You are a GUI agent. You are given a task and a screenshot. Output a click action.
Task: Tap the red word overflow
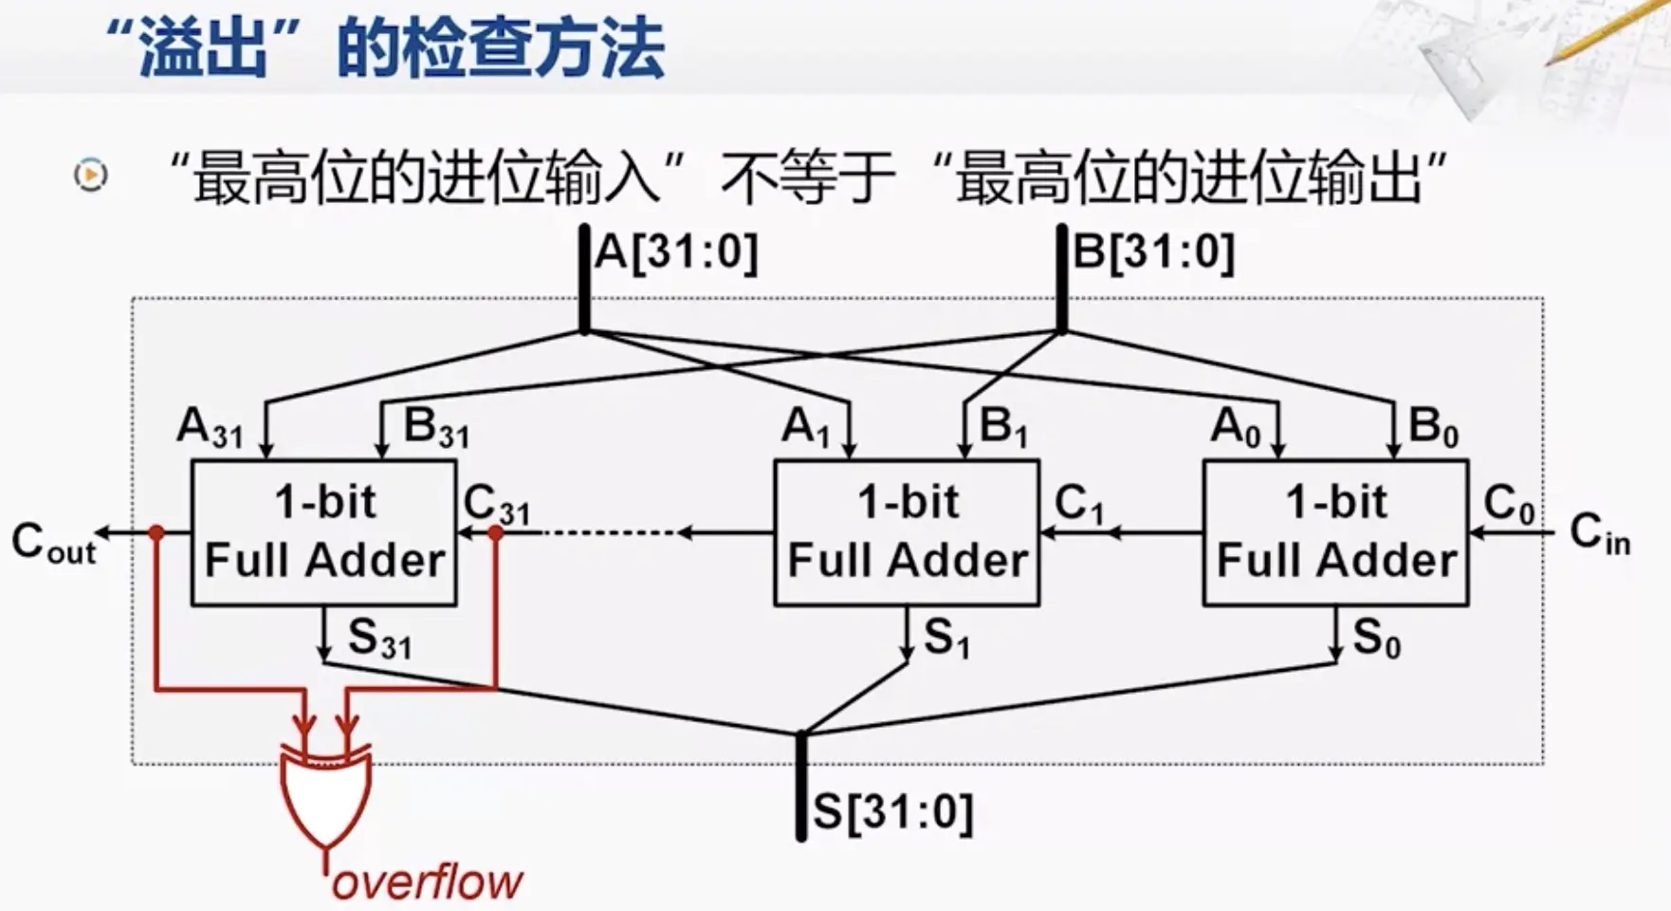[x=427, y=883]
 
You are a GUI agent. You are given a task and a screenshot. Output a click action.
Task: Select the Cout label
[x=53, y=544]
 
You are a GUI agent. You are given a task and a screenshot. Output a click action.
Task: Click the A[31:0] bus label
[x=676, y=252]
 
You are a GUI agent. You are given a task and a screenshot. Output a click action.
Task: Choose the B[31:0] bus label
[x=1153, y=252]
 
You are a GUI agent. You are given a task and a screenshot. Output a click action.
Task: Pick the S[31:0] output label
[x=892, y=812]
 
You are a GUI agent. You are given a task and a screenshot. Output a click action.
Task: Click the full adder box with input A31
[x=324, y=532]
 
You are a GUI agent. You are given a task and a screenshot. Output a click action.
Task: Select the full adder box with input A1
[x=907, y=532]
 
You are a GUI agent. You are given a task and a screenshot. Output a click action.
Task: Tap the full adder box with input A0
[x=1335, y=532]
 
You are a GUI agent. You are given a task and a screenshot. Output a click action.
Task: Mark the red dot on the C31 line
[x=495, y=533]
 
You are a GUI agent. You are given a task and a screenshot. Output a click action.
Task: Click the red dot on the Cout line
[x=156, y=533]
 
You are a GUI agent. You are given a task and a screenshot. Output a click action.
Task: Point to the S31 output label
[x=379, y=639]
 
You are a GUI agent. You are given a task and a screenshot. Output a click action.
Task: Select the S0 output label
[x=1376, y=639]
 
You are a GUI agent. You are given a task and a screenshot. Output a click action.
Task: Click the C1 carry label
[x=1079, y=504]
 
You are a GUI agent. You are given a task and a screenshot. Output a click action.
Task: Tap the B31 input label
[x=436, y=428]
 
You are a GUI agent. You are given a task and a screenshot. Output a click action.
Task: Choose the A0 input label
[x=1236, y=428]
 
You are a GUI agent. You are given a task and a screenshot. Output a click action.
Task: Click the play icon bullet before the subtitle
[x=91, y=175]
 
